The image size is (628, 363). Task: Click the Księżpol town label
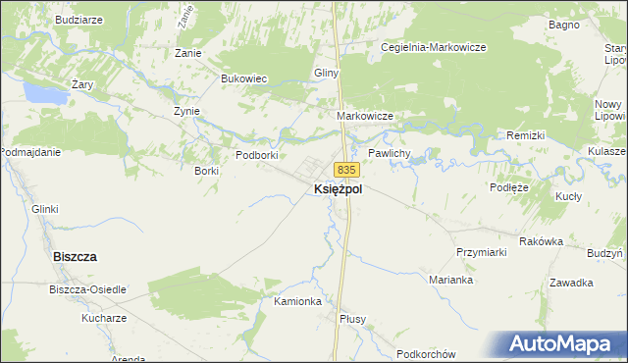(338, 190)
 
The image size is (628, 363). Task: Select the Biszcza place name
(74, 256)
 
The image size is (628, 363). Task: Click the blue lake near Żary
(39, 94)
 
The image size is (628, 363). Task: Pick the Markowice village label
(365, 116)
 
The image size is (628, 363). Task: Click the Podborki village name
(258, 155)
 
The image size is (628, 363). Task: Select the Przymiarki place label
(481, 252)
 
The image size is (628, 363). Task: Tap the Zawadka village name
(571, 283)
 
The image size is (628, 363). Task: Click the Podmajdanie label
(31, 152)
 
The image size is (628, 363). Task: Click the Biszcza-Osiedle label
(87, 289)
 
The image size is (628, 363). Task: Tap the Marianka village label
(451, 280)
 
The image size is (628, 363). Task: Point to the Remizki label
(525, 134)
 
